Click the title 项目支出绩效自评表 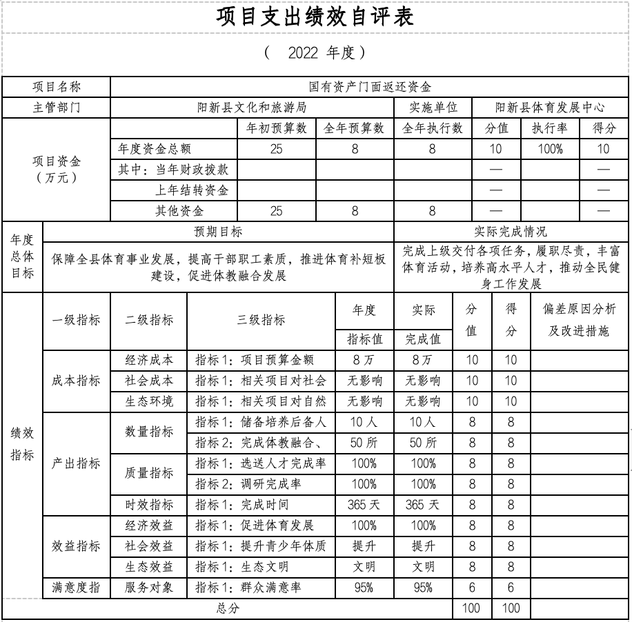click(315, 17)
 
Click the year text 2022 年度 click(315, 52)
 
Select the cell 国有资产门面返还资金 click(371, 87)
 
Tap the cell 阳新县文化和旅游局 click(251, 108)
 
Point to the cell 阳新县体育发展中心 click(550, 108)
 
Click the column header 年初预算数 click(276, 128)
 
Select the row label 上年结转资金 click(192, 190)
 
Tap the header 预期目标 click(218, 232)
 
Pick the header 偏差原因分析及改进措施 click(579, 320)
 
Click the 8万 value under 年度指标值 click(364, 360)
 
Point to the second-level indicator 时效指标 click(149, 505)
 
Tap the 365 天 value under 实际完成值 click(423, 505)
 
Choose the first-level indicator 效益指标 click(76, 546)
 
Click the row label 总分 click(228, 608)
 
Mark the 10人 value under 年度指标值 click(364, 422)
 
